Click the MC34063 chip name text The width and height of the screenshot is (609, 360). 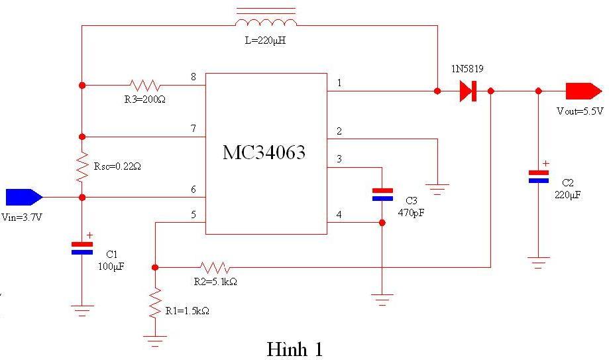pyautogui.click(x=264, y=152)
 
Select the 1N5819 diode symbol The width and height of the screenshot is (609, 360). pyautogui.click(x=469, y=91)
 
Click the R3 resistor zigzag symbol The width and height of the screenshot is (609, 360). pyautogui.click(x=145, y=86)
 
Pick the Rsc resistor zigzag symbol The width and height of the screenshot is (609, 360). pyautogui.click(x=82, y=168)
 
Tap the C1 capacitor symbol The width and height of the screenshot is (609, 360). pyautogui.click(x=82, y=248)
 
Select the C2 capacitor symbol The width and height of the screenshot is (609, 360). pyautogui.click(x=538, y=176)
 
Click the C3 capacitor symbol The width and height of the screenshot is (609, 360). pyautogui.click(x=382, y=194)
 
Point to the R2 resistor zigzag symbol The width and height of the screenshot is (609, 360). pyautogui.click(x=215, y=268)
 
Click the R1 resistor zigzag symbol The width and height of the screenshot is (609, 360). pyautogui.click(x=155, y=302)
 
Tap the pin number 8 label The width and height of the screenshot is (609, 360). pyautogui.click(x=194, y=77)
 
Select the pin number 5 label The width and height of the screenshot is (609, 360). pyautogui.click(x=194, y=214)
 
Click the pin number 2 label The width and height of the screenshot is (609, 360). pyautogui.click(x=339, y=131)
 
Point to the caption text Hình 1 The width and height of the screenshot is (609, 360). pyautogui.click(x=294, y=349)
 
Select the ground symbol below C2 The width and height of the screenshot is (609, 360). pyautogui.click(x=538, y=261)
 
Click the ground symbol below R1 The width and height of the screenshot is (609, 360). pyautogui.click(x=155, y=341)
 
